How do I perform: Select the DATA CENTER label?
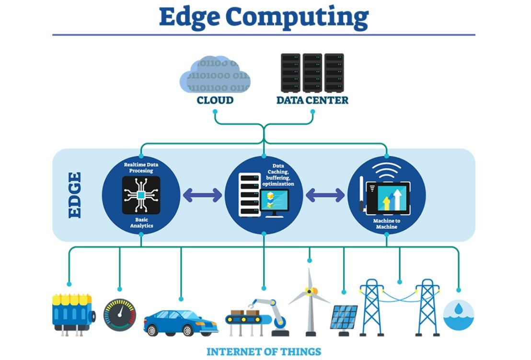point(312,101)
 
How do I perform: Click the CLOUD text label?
point(215,101)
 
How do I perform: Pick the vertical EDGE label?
point(75,195)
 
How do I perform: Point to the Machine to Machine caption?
point(386,224)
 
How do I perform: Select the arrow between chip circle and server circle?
point(202,195)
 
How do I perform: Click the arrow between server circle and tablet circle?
point(325,195)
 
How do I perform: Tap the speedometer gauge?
point(120,315)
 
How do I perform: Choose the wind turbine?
point(310,302)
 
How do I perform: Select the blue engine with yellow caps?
point(72,313)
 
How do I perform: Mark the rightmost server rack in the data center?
point(334,72)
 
